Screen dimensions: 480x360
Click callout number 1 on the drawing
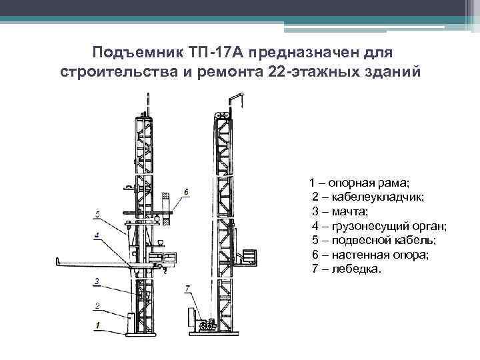(x=97, y=325)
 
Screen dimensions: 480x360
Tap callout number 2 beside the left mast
(x=97, y=306)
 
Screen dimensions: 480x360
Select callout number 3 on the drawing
(x=97, y=282)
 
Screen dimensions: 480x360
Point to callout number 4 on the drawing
(x=97, y=235)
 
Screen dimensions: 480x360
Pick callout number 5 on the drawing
(x=97, y=214)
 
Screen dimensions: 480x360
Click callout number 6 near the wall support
(x=185, y=192)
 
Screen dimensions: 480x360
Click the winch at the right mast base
(x=205, y=322)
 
